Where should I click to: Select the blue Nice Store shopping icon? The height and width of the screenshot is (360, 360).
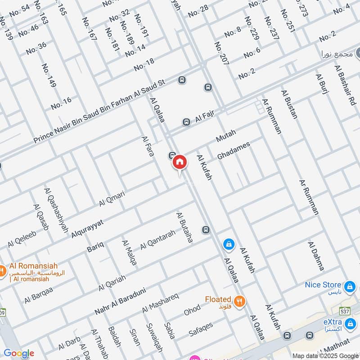(349, 286)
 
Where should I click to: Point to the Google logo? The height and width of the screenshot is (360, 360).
(19, 354)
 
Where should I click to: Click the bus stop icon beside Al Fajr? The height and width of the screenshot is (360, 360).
(186, 122)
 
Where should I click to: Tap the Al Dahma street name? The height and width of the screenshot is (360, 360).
(316, 256)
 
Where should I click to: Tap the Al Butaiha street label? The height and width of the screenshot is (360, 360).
(184, 227)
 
